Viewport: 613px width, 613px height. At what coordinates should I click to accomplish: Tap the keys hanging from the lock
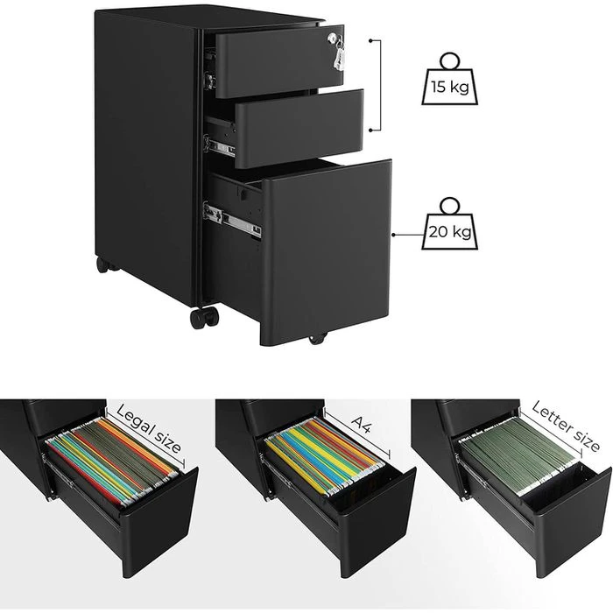[x=338, y=53]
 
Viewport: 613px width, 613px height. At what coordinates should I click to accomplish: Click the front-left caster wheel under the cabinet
[x=204, y=317]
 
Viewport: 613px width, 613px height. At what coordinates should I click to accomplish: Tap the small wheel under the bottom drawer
[x=317, y=339]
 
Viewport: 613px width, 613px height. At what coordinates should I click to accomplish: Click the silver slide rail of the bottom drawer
[x=232, y=220]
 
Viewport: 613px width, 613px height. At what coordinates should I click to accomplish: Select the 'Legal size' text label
[x=149, y=429]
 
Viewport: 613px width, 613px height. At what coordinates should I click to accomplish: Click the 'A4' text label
[x=361, y=424]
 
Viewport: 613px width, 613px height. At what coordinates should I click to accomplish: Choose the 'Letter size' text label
[x=566, y=426]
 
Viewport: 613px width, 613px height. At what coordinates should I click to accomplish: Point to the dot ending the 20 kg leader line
[x=393, y=235]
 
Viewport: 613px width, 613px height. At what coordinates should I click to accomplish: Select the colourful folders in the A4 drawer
[x=325, y=455]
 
